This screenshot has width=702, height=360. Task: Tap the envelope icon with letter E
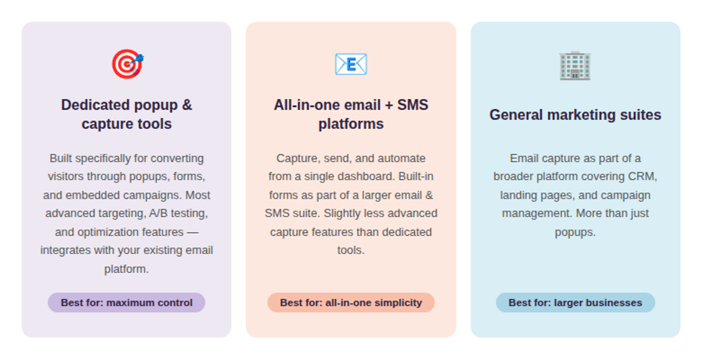coord(351,64)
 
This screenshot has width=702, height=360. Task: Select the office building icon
coord(575,66)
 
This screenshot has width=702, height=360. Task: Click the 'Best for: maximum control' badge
coord(127,302)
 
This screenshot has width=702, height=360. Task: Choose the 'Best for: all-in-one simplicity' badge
coord(351,302)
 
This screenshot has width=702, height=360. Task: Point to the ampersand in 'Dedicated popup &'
coord(187,105)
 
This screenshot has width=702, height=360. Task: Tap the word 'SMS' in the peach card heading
coord(413,105)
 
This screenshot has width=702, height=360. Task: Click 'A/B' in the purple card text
coord(158,213)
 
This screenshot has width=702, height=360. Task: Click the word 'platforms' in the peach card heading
coord(351,124)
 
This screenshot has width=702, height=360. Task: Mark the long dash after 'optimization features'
coord(192,232)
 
